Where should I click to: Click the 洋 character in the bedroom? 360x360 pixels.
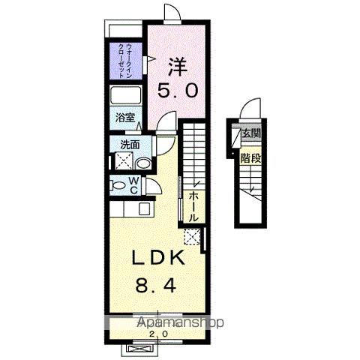point(178,67)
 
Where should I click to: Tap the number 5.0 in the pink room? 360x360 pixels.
point(178,91)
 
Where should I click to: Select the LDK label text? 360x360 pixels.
point(158,258)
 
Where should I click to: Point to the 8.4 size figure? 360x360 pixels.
point(156,286)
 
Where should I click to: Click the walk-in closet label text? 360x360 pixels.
point(124,61)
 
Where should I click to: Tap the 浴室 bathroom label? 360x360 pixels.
point(125,118)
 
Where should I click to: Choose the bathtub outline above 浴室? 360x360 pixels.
point(125,95)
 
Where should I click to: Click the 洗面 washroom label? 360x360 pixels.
point(130,145)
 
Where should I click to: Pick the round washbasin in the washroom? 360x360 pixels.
point(143,163)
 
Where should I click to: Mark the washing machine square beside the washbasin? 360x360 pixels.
point(124,160)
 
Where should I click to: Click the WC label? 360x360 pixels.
point(134,185)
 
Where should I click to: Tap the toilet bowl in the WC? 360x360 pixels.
point(118,185)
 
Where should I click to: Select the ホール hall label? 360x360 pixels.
point(193,207)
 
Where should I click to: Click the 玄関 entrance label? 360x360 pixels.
point(250,133)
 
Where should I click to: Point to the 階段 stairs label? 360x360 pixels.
point(250,158)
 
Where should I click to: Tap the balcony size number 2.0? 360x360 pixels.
point(158,333)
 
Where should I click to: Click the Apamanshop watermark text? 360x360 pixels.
point(180,322)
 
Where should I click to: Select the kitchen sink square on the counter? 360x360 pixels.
point(144,208)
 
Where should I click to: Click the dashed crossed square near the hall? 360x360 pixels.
point(192,236)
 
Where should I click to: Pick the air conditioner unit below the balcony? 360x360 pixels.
point(139,349)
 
